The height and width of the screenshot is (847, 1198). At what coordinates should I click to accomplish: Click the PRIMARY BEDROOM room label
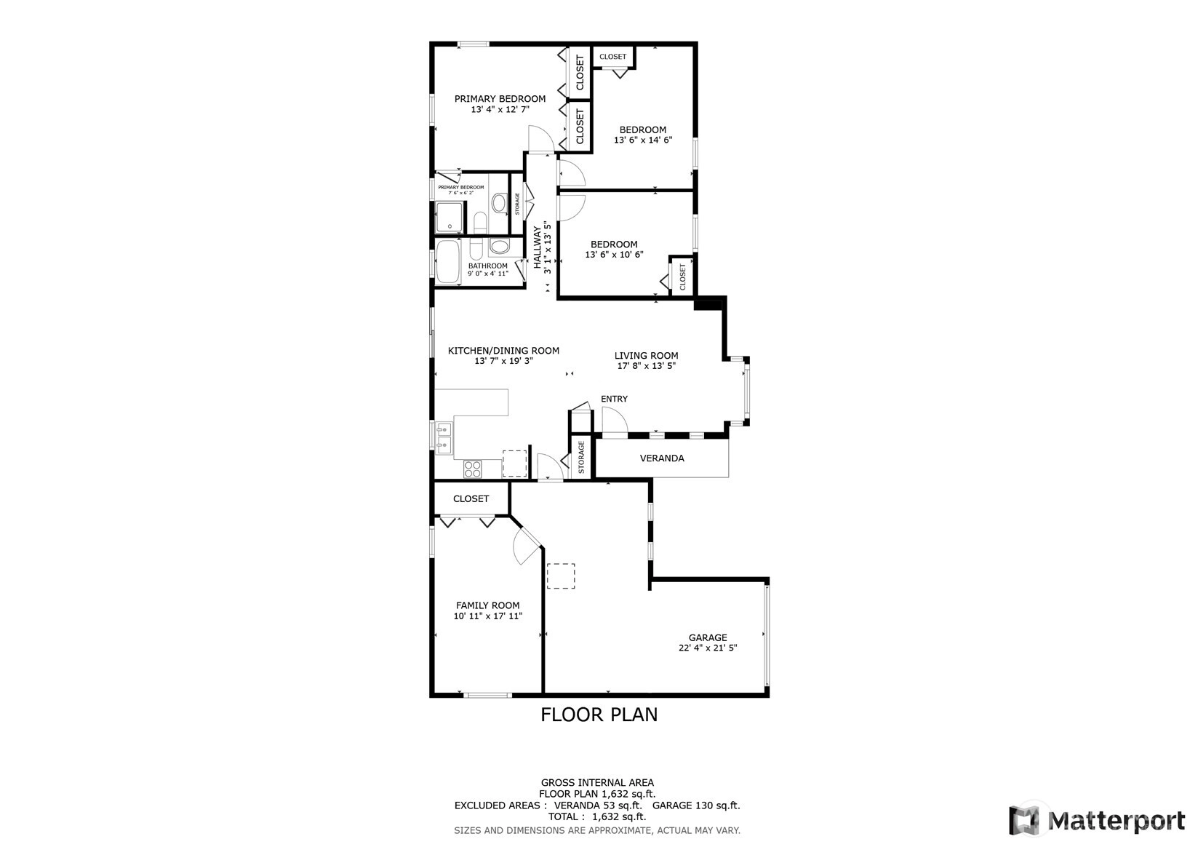(500, 98)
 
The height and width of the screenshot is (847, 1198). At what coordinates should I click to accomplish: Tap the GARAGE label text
(708, 637)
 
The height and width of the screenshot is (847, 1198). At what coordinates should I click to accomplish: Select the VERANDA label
(662, 458)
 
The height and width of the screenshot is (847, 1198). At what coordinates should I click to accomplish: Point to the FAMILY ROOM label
(487, 605)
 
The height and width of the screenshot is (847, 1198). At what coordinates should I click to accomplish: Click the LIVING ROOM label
(646, 355)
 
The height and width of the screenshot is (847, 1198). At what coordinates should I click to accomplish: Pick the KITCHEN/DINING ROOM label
(503, 351)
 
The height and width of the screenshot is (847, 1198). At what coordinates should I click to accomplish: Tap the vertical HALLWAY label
(537, 247)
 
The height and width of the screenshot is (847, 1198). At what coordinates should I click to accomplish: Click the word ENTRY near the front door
(614, 399)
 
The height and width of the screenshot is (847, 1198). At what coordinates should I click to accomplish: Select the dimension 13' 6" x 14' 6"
(643, 140)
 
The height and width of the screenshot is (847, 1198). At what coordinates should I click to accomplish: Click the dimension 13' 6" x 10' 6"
(614, 255)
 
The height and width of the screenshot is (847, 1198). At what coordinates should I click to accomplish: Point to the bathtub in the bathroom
(447, 262)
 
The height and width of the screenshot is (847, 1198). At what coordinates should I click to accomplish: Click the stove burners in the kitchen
(472, 469)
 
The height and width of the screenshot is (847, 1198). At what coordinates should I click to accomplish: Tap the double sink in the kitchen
(444, 437)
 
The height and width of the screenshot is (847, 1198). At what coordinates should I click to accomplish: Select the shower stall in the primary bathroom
(449, 218)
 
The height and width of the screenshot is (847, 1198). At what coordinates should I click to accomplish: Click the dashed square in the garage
(561, 576)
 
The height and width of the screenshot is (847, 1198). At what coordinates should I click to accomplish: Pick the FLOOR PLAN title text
(599, 715)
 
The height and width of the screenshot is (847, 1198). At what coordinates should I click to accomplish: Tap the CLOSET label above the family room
(471, 498)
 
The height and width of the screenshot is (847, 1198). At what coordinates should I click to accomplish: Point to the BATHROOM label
(488, 266)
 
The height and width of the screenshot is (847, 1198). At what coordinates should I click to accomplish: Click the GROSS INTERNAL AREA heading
(597, 782)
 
